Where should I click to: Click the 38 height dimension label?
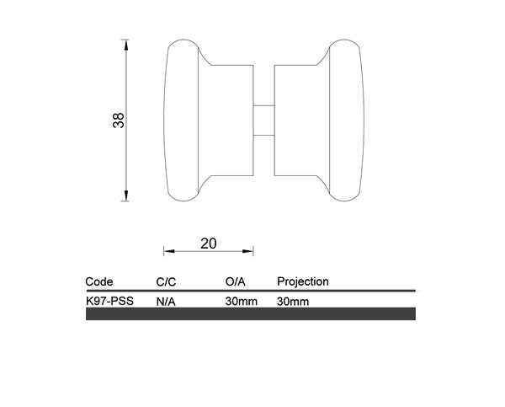[120, 120]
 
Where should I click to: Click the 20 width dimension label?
[209, 244]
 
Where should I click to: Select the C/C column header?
[167, 281]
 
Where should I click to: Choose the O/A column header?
[236, 281]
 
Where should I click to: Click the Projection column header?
[302, 281]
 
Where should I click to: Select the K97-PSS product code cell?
[109, 300]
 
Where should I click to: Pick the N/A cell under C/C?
[165, 300]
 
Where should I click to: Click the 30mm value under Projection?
[292, 300]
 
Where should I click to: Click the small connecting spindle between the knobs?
[263, 119]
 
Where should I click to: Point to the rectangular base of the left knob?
[231, 119]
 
